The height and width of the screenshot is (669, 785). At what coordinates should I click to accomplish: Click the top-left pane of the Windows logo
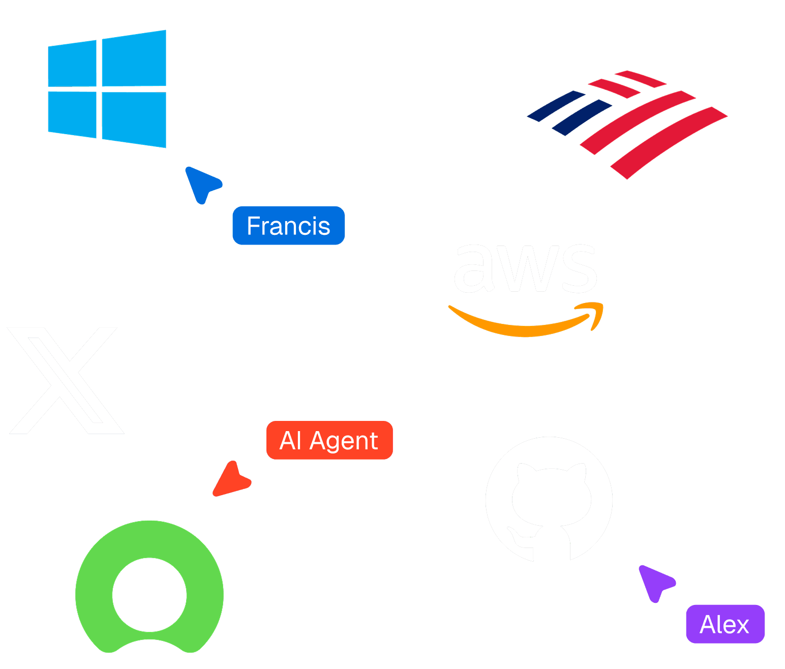point(72,64)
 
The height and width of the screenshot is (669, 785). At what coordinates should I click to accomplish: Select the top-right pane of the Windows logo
point(134,58)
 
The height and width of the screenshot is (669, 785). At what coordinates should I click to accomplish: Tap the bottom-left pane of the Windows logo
point(72,114)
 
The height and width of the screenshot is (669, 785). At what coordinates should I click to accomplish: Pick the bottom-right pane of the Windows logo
point(134,119)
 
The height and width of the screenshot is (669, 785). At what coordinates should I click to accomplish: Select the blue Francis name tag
point(289,226)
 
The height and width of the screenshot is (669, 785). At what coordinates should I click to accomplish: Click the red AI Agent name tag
point(329,440)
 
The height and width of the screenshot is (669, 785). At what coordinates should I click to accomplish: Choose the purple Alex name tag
point(726,624)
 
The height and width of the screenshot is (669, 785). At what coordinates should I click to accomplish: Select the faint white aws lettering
point(526,268)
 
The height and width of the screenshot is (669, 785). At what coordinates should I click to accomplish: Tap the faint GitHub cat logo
point(549,499)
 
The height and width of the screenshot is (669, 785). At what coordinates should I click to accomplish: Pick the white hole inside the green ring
point(149,595)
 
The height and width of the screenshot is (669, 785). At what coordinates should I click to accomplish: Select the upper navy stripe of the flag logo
point(556,106)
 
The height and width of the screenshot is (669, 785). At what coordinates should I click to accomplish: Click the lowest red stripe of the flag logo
point(669,142)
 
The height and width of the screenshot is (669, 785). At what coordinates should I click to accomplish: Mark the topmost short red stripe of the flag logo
point(640,79)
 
